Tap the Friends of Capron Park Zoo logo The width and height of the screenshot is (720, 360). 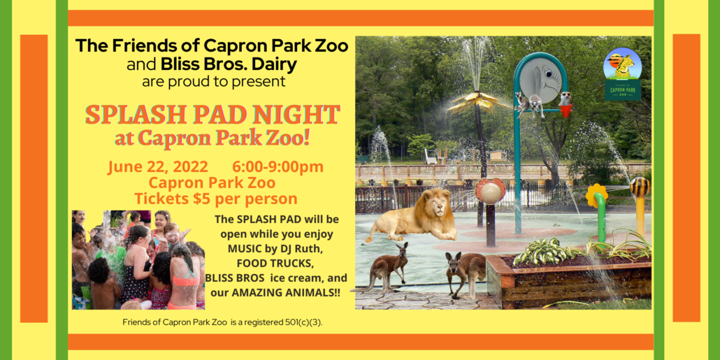[x=622, y=73]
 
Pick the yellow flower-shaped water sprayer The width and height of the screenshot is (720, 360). [x=596, y=195]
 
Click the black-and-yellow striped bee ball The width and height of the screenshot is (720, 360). [x=639, y=187]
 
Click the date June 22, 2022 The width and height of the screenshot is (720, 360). [x=158, y=166]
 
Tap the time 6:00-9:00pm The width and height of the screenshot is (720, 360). [x=278, y=166]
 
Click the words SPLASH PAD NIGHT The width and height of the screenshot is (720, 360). [x=213, y=115]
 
